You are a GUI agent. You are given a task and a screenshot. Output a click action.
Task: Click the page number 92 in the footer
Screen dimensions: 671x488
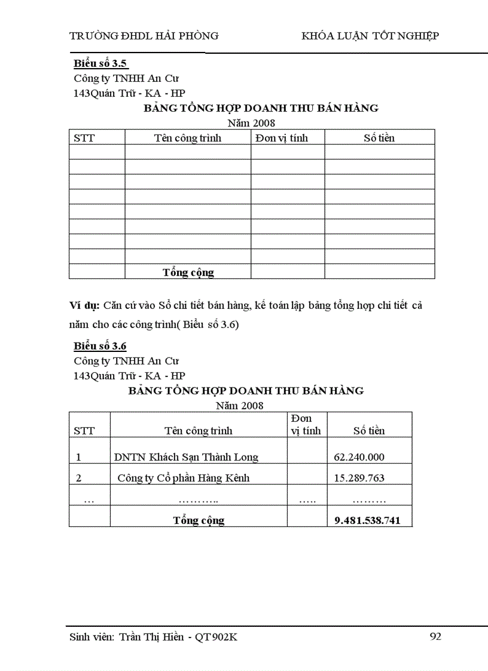(x=435, y=636)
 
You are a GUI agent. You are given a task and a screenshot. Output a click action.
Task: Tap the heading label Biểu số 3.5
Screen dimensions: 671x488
(x=100, y=63)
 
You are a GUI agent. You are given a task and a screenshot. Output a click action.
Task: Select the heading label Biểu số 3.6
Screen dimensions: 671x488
(x=100, y=346)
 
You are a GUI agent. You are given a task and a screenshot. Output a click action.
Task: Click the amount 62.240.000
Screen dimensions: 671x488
(x=359, y=457)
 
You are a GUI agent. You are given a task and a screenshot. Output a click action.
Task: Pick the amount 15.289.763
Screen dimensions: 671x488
(x=359, y=478)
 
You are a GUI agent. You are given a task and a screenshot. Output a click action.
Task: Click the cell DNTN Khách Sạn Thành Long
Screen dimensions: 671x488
(x=187, y=457)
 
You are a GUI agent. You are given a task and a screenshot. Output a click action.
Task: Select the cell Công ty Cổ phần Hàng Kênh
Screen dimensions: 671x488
(x=184, y=478)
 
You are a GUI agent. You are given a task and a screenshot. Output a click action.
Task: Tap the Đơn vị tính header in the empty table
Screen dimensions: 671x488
(x=282, y=138)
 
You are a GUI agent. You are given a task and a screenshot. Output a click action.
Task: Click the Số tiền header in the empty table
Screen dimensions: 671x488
(x=379, y=138)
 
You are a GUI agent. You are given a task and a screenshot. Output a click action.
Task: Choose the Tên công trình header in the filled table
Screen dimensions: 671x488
(x=199, y=430)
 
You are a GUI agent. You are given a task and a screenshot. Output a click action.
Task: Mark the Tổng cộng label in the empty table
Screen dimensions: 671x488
(x=188, y=272)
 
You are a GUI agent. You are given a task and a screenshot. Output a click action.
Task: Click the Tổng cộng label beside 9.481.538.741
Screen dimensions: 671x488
(x=199, y=520)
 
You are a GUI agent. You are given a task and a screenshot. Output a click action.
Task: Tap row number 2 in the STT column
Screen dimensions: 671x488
(x=78, y=478)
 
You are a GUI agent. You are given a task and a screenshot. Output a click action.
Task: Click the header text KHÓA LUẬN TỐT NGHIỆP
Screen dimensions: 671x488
(x=370, y=36)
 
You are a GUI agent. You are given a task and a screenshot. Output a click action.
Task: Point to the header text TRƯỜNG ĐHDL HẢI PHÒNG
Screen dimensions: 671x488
(x=144, y=36)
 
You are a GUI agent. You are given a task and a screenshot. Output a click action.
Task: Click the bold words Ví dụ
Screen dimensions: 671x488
(x=84, y=305)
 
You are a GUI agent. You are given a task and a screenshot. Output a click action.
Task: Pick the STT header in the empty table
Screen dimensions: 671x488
(x=84, y=138)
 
